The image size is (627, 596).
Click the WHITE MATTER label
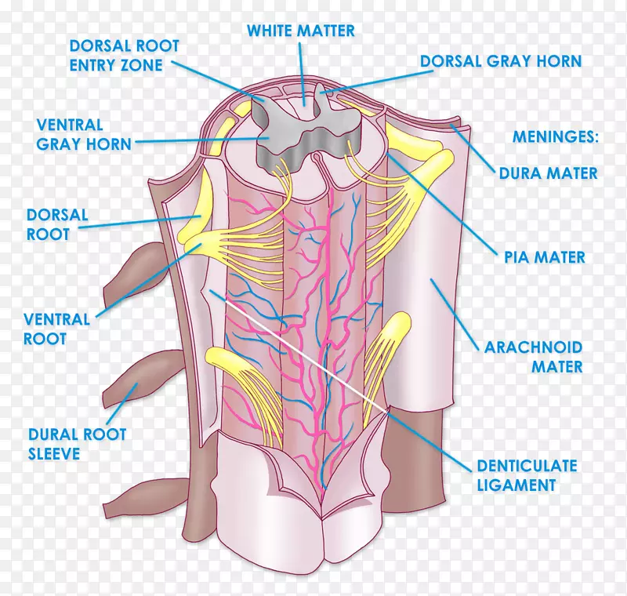301,31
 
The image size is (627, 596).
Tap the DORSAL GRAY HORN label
501,61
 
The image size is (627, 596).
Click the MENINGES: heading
555,137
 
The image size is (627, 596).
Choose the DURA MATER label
548,173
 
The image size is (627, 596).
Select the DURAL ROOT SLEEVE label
76,443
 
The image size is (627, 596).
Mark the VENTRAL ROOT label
56,329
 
